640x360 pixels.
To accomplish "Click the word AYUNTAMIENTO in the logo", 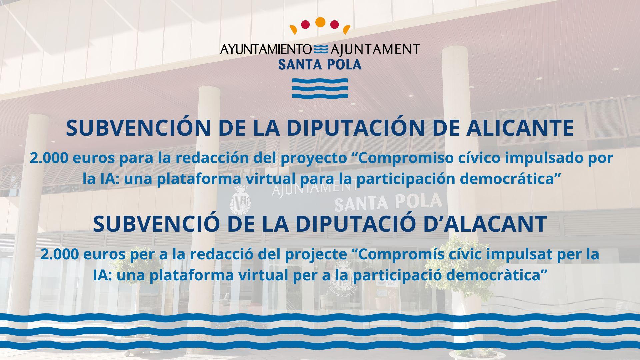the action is coord(266,49).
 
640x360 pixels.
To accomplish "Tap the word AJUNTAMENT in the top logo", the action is coord(375,49).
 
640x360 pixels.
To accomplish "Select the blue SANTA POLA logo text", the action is coord(320,64).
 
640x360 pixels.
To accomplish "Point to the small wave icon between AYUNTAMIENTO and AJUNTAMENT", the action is coord(321,49).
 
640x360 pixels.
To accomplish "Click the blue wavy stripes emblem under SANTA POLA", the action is coord(320,88).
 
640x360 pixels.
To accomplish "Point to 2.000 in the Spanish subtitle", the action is coord(49,158).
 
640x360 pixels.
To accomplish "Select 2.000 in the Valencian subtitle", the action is coord(60,254).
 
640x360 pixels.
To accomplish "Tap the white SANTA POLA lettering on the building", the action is coord(388,202).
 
